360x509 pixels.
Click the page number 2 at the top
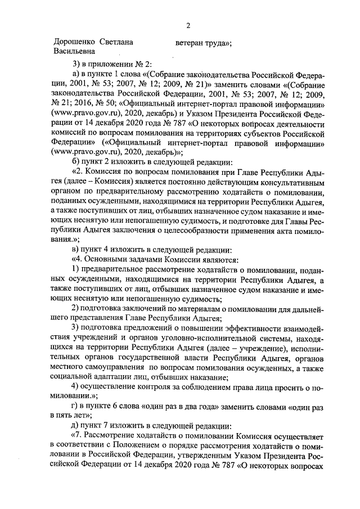pos(188,25)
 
